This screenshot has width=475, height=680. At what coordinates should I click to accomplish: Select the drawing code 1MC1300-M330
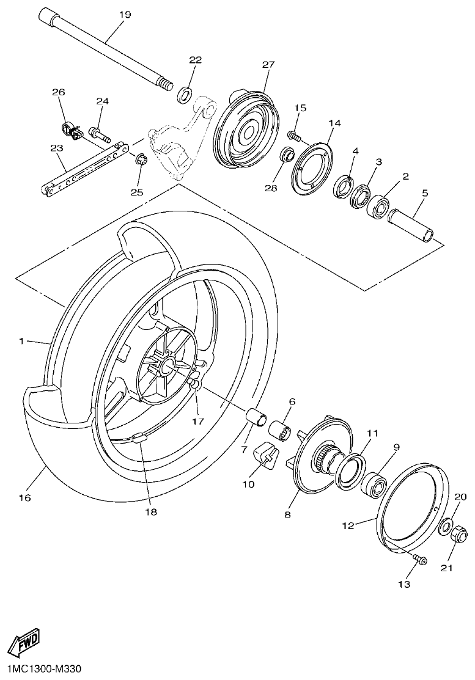coord(40,670)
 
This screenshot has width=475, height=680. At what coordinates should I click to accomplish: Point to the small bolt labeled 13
coord(420,559)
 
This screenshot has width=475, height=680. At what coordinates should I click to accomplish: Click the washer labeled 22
coord(183,95)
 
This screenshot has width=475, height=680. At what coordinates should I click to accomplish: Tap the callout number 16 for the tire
coord(24,498)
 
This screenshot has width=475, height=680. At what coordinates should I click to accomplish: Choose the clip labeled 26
coord(72,130)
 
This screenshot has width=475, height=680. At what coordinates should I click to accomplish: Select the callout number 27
coord(269,64)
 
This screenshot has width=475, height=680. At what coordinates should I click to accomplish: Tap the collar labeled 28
coord(287,154)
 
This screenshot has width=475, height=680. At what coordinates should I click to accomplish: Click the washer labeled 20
coord(446,525)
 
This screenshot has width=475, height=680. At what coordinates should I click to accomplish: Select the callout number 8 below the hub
coord(287,515)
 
